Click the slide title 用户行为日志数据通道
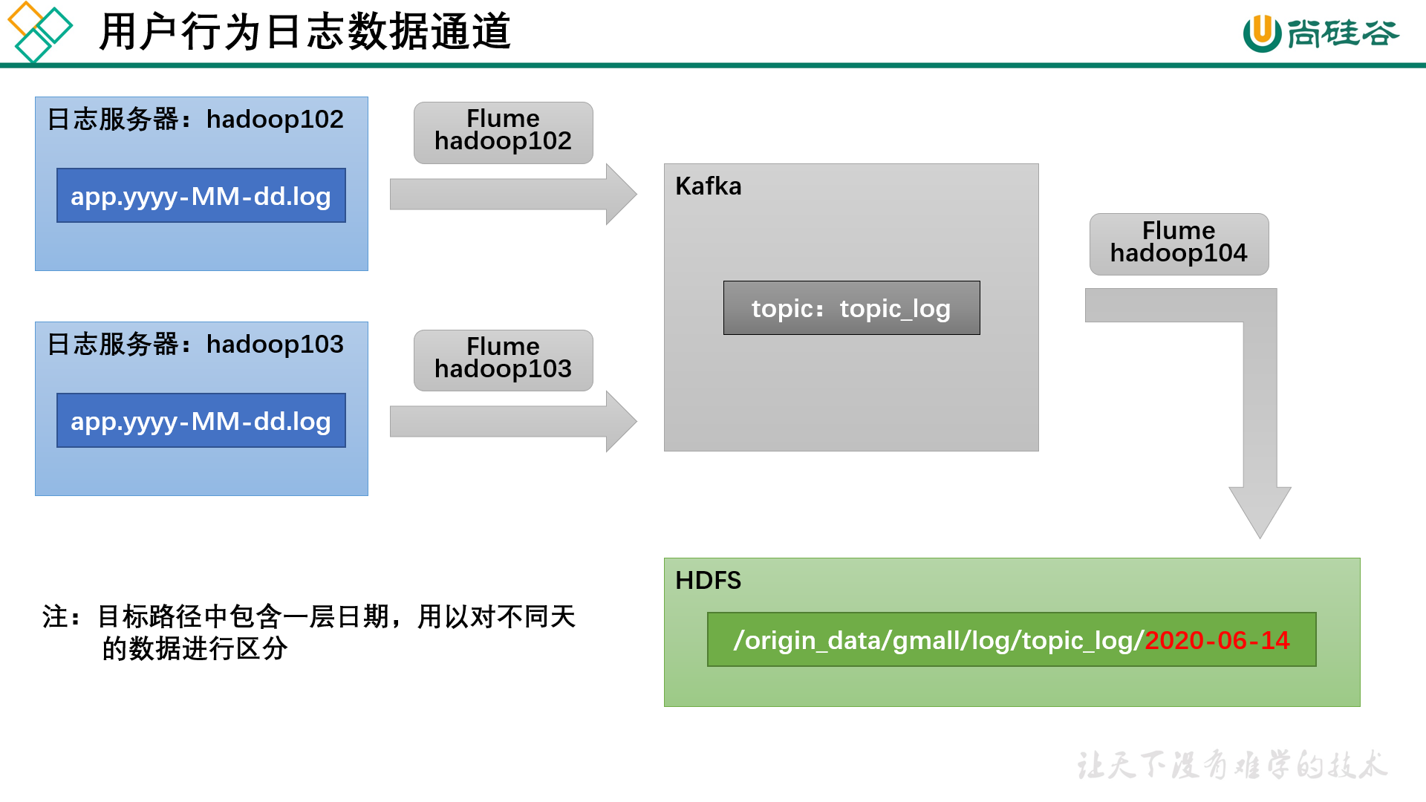point(305,32)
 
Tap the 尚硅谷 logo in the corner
point(1321,33)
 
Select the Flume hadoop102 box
point(503,132)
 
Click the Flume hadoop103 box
point(503,360)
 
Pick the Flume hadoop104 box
point(1179,244)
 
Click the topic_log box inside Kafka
point(851,307)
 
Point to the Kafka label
point(708,186)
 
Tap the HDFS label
point(708,580)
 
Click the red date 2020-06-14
point(1217,640)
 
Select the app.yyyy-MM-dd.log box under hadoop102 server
point(201,195)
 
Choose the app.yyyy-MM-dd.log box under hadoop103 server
point(201,420)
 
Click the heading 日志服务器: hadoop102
point(195,119)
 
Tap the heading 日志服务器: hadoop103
point(195,344)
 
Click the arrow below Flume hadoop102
point(512,195)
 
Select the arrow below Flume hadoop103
point(512,422)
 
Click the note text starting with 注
point(309,631)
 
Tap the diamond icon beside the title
point(39,31)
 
